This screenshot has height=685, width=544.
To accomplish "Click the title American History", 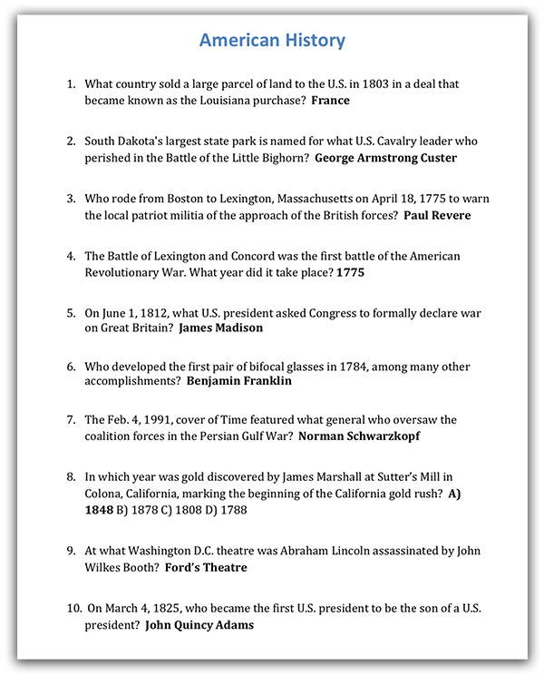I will tap(272, 41).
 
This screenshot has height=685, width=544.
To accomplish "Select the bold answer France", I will tap(330, 101).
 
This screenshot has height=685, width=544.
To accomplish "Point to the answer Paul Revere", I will tap(438, 215).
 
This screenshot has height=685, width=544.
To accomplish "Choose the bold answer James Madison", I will tap(220, 328).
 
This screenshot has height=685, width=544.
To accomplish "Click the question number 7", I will tap(71, 420).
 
